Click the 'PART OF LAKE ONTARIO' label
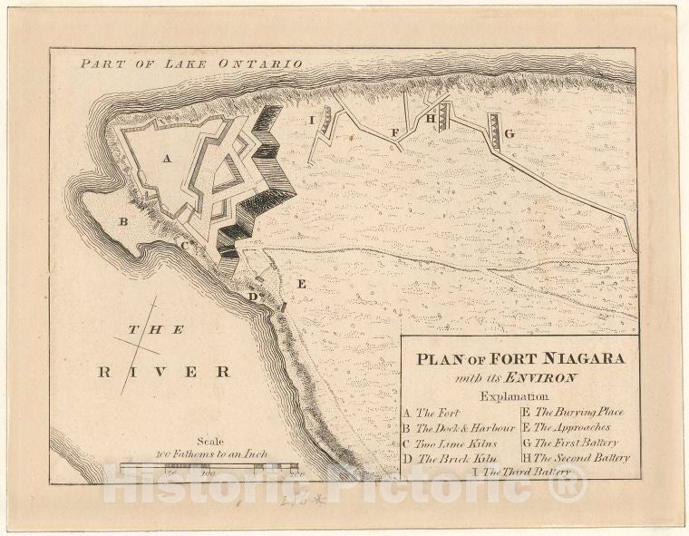pos(190,64)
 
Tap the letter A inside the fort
pos(167,158)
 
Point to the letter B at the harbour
pos(123,220)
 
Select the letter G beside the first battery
pos(509,134)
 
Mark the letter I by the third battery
pos(311,119)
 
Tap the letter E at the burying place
pos(302,285)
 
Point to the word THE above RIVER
pos(156,330)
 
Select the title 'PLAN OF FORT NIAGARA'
pos(520,358)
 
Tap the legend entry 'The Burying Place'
pos(579,412)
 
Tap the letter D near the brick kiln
pos(252,297)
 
